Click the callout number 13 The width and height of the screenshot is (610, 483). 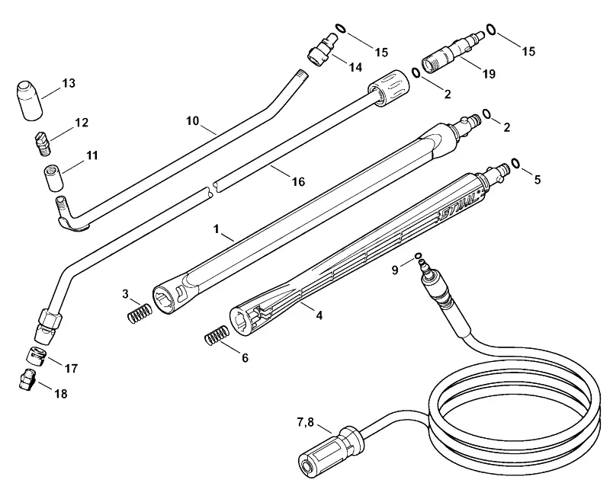pos(69,83)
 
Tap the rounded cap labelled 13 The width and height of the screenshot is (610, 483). pos(30,101)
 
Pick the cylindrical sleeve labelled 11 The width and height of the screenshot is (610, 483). pos(53,178)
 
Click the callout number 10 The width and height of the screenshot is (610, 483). pos(193,121)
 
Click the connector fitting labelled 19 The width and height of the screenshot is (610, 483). pos(452,53)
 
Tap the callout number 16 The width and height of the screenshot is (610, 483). pos(298,181)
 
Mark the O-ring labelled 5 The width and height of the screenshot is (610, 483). pos(516,163)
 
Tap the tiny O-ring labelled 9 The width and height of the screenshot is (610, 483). pos(418,255)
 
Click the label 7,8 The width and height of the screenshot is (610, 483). pos(306,422)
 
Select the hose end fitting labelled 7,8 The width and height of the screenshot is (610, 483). pos(330,449)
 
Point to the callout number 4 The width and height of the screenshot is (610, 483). pos(319,315)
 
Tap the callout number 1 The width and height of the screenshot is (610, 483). pos(217,229)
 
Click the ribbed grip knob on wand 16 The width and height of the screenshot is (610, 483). pos(389,87)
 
